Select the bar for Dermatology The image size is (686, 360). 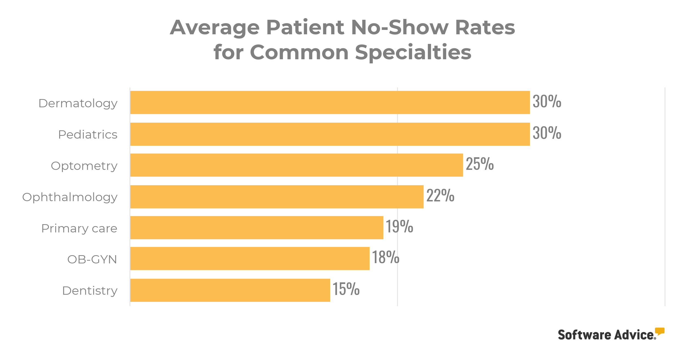coord(330,102)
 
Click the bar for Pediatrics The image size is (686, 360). coord(330,134)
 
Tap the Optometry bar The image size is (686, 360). coord(296,165)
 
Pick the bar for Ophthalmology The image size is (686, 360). coord(277,197)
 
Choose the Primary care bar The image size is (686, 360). coord(257,227)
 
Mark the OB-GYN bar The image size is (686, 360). coord(250,258)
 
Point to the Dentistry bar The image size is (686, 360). coord(230,290)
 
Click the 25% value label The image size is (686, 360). coord(480,164)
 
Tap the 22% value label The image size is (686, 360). coord(440,196)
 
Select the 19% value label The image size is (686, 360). coord(399,227)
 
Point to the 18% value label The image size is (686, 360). coord(386,257)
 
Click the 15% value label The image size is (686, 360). coord(346,289)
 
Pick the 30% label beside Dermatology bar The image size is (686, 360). coord(547,101)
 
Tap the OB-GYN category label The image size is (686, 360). coord(92,259)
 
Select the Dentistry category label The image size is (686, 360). coord(90,291)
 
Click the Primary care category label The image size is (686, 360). coord(79,228)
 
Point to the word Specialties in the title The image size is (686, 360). coord(413,52)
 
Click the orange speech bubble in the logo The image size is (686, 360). coord(659,331)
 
